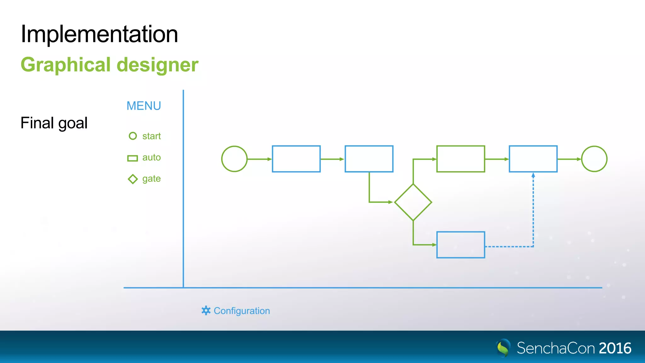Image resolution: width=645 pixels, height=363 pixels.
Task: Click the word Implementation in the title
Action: (x=99, y=34)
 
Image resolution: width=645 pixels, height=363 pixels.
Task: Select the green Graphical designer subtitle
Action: (x=109, y=65)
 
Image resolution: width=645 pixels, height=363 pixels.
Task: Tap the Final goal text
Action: (x=54, y=123)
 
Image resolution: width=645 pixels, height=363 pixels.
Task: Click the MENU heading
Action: (x=144, y=106)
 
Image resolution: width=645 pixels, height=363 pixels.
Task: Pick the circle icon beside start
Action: (x=133, y=136)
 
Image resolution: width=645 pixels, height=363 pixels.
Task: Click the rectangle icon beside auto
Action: (x=133, y=158)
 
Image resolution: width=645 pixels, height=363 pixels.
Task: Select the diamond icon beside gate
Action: (x=133, y=179)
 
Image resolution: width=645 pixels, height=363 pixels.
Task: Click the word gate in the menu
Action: (x=151, y=179)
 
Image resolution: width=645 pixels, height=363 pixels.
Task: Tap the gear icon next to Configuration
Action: (x=206, y=310)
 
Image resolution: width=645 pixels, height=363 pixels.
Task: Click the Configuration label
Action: (x=242, y=311)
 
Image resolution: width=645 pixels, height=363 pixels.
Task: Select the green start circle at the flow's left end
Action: (x=234, y=159)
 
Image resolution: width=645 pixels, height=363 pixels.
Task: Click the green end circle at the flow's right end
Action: (x=594, y=159)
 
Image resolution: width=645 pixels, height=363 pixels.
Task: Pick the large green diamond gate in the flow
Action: (x=413, y=202)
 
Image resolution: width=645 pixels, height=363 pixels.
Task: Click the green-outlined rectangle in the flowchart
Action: (x=460, y=159)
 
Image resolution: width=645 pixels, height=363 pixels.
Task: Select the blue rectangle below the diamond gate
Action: (x=460, y=245)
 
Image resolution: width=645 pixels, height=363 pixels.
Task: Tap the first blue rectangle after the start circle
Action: (x=296, y=159)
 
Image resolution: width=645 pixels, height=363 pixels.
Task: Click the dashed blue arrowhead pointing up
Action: (x=533, y=175)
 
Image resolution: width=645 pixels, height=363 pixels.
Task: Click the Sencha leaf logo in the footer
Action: (x=503, y=348)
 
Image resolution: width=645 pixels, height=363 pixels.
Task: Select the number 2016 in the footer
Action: (x=615, y=348)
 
